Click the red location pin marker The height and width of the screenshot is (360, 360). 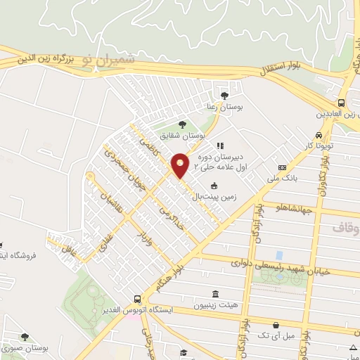tap(181, 165)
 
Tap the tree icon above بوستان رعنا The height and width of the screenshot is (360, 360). tap(224, 95)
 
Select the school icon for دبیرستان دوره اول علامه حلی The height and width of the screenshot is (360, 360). tap(220, 146)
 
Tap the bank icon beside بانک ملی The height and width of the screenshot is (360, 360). tap(282, 167)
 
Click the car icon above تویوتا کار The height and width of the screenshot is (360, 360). tap(319, 134)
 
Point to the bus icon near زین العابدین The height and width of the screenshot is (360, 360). tap(341, 101)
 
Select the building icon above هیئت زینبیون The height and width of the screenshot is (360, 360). tap(213, 294)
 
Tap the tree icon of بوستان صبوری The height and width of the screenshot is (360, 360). tap(25, 337)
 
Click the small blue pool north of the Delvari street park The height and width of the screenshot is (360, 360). tap(280, 255)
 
